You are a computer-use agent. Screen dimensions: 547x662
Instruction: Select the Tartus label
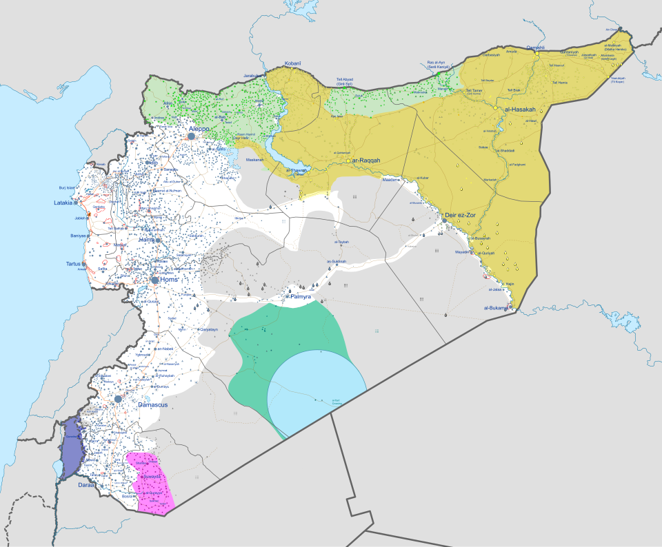point(69,264)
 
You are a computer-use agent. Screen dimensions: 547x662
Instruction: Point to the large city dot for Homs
point(155,280)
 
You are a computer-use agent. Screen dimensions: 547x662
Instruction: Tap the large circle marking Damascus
point(119,399)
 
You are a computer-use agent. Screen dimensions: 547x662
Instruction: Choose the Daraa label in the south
point(86,486)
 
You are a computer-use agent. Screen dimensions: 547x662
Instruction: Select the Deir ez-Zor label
point(460,215)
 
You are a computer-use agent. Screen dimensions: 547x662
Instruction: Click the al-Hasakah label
point(520,109)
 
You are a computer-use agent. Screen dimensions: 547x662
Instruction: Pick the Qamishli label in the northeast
point(535,47)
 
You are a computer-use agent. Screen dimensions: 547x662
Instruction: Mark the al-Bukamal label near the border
point(495,308)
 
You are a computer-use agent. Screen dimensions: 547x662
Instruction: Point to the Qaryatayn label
point(208,330)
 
